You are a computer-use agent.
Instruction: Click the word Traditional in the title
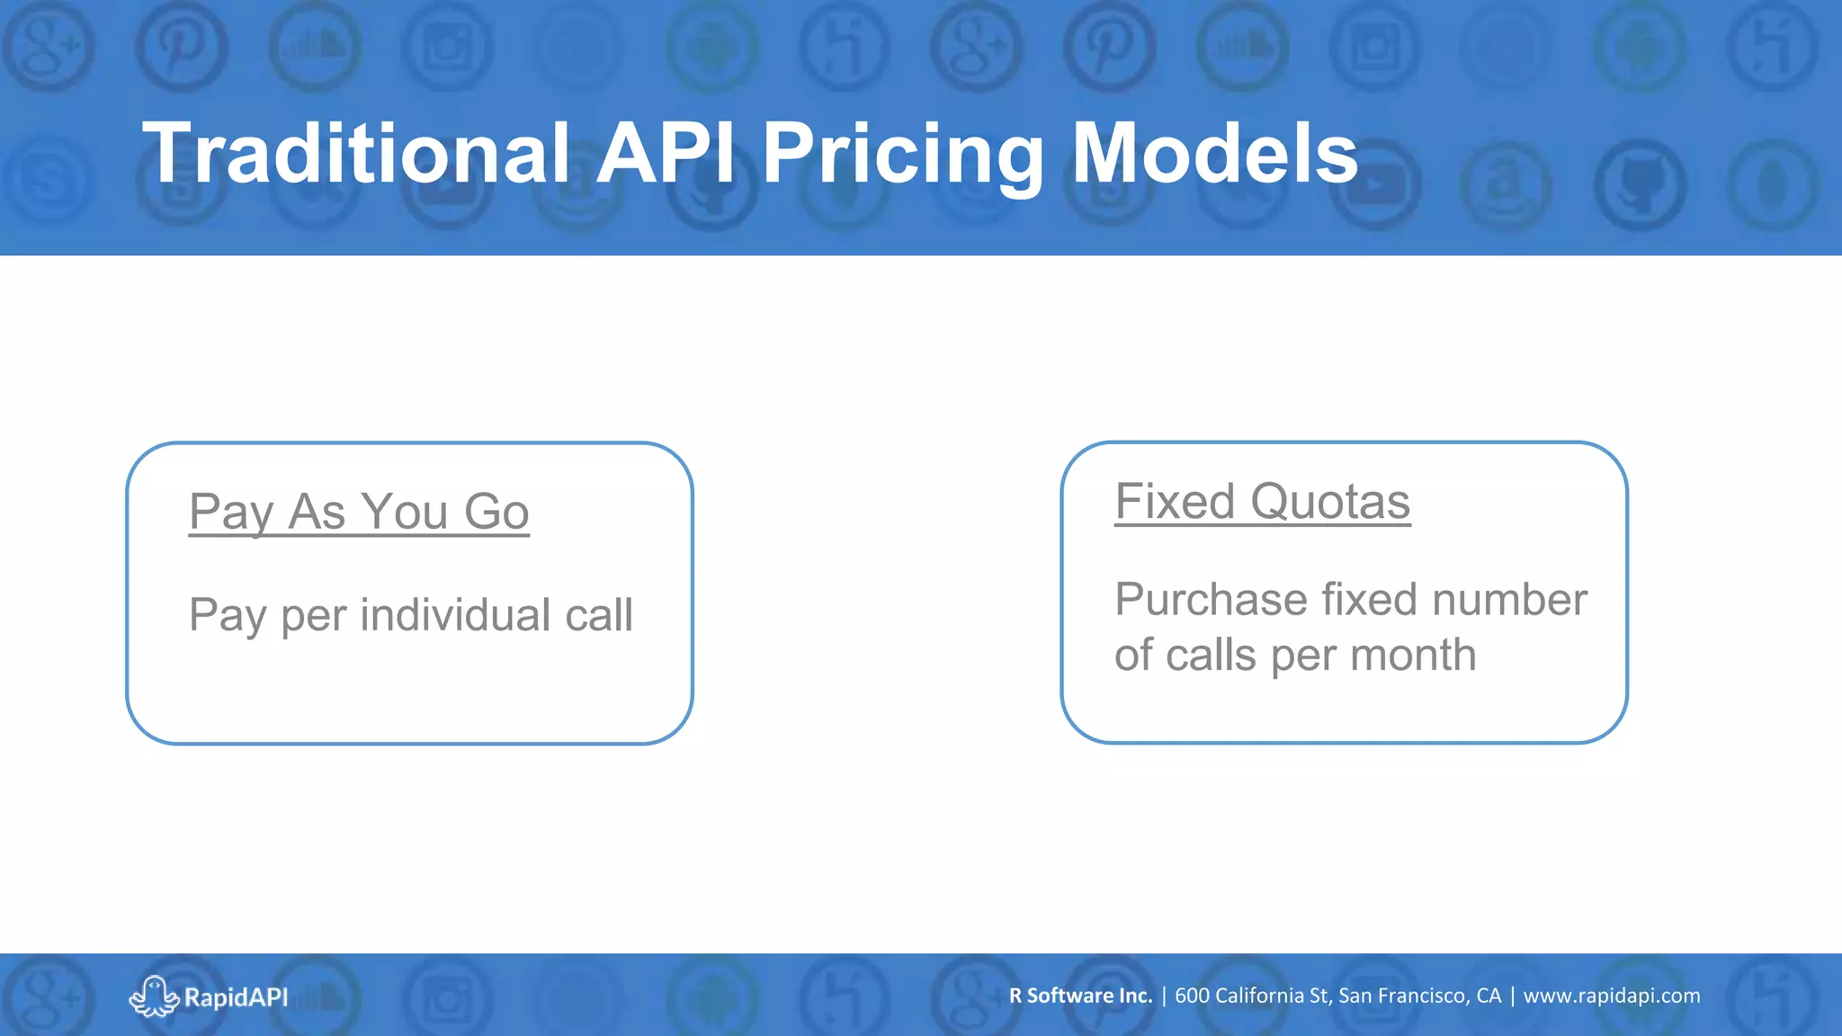pyautogui.click(x=356, y=154)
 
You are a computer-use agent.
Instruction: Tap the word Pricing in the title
pyautogui.click(x=903, y=154)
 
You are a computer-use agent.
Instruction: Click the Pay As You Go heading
pyautogui.click(x=359, y=512)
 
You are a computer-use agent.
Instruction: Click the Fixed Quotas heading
pyautogui.click(x=1262, y=501)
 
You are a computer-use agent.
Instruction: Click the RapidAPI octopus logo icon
pyautogui.click(x=154, y=996)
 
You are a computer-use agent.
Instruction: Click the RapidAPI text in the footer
pyautogui.click(x=236, y=997)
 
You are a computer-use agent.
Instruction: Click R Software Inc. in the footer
pyautogui.click(x=1080, y=996)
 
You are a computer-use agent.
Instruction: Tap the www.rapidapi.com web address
pyautogui.click(x=1611, y=996)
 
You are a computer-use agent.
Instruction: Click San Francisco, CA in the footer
pyautogui.click(x=1419, y=996)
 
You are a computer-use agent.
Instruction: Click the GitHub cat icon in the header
pyautogui.click(x=1640, y=183)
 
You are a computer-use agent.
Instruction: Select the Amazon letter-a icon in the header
pyautogui.click(x=1505, y=185)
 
